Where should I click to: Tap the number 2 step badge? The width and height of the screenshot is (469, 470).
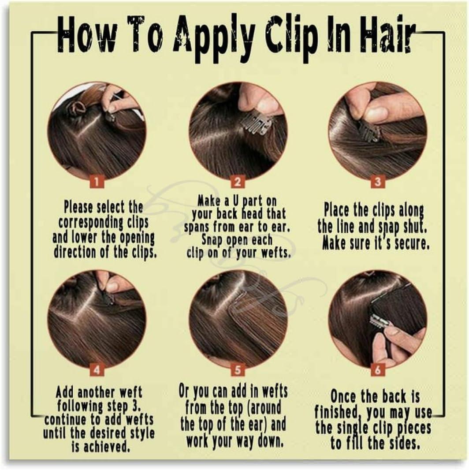click(x=238, y=181)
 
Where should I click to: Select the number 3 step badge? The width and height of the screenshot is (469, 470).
click(x=378, y=181)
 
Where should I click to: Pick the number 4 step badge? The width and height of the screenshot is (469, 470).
click(x=97, y=369)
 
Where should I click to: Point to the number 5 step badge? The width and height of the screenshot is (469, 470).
click(x=238, y=369)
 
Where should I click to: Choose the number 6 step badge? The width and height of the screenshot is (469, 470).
click(x=378, y=369)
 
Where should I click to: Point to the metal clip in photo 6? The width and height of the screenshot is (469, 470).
click(x=380, y=321)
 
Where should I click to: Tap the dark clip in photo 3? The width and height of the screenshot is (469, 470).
click(x=368, y=131)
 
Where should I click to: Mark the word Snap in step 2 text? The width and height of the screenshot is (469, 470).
click(x=212, y=241)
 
